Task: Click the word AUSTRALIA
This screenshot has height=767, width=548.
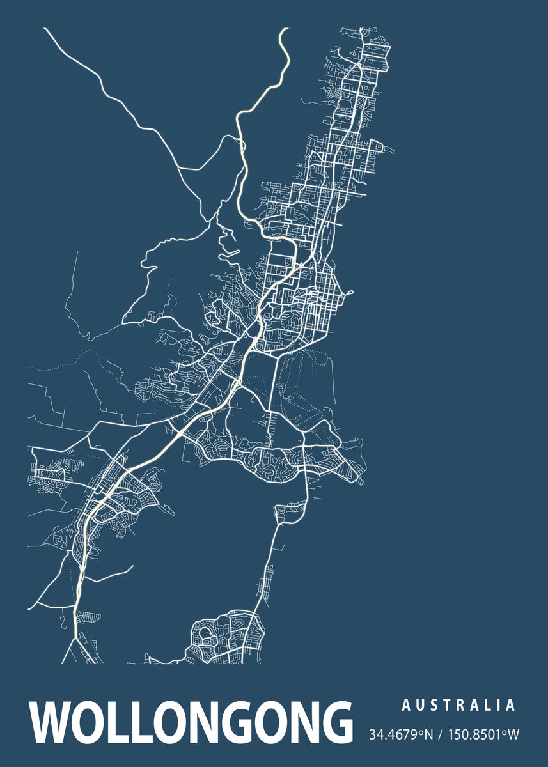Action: (458, 706)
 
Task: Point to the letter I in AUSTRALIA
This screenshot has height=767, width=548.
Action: (498, 706)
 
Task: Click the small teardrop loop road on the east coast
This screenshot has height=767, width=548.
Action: (348, 295)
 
